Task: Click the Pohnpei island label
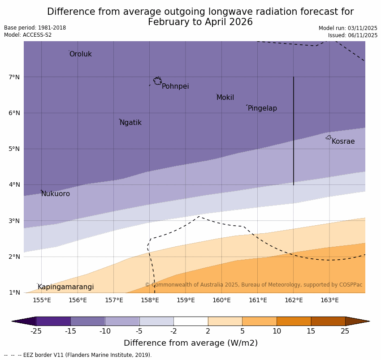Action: (x=175, y=86)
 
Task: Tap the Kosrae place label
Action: (x=343, y=141)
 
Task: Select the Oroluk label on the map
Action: (x=80, y=54)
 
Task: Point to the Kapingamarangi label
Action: (x=65, y=287)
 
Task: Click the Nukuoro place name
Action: (x=56, y=194)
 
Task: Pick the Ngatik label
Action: (x=130, y=123)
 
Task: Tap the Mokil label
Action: (x=225, y=98)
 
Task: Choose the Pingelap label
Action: (x=262, y=108)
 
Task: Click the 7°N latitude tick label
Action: (x=14, y=77)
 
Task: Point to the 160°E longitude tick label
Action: (x=221, y=300)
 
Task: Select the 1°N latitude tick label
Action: (x=14, y=292)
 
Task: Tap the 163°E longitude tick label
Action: (x=329, y=300)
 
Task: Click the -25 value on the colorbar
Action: (x=36, y=331)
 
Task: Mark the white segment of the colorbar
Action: (x=190, y=321)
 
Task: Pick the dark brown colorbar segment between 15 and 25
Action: (x=328, y=321)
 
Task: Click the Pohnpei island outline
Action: (x=157, y=81)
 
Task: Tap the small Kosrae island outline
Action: (x=329, y=137)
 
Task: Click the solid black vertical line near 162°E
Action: (x=294, y=130)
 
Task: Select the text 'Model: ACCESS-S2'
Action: (x=28, y=35)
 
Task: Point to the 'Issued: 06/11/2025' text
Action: (x=352, y=35)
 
